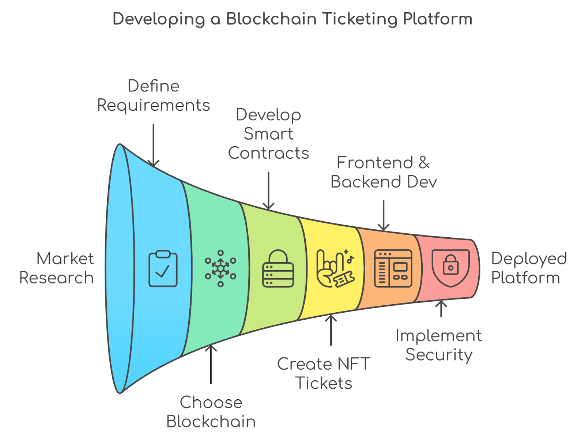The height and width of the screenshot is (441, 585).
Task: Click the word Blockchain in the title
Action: point(271,19)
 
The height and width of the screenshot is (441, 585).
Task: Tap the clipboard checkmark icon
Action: point(163,268)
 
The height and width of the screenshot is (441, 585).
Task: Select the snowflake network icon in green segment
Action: point(220,268)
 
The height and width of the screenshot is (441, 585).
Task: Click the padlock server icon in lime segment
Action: point(278,268)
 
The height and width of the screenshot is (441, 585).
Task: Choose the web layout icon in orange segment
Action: point(393,268)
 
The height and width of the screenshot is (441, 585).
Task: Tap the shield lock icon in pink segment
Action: point(450,268)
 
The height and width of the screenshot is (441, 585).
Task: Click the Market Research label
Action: point(57,268)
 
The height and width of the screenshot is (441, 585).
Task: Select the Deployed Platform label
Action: point(528,268)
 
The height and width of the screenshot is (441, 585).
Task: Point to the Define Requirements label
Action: point(154,96)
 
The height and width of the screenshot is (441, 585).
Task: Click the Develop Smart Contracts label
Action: point(269,134)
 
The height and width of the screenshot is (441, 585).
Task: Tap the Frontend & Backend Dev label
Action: point(384,172)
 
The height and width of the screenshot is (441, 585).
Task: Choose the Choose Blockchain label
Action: point(211,412)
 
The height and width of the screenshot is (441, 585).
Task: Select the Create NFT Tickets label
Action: point(324,373)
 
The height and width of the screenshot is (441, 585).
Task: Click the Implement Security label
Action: point(439,345)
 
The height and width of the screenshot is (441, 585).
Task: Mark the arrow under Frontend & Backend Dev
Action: point(384,216)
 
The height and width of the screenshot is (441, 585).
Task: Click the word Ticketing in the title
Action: point(360,19)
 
